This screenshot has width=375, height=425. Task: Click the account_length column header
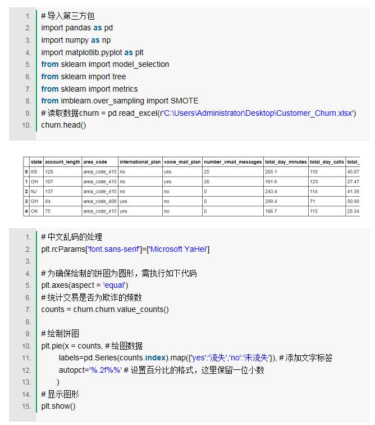pos(63,162)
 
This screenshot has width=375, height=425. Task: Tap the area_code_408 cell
pos(100,201)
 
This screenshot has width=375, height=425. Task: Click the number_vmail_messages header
pos(232,162)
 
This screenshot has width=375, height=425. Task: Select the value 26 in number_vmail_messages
pos(207,182)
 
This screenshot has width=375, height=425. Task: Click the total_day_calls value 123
pos(314,182)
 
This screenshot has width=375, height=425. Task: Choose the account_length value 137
pos(49,191)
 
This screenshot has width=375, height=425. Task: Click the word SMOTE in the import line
pos(185,101)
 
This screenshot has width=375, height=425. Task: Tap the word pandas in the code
pos(78,28)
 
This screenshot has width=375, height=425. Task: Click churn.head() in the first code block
pos(63,125)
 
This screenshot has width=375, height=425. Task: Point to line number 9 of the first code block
pos(29,113)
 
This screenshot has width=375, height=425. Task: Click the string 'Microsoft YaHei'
pos(178,249)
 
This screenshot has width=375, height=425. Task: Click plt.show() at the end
pos(58,406)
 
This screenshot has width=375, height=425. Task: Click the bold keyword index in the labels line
pos(156,358)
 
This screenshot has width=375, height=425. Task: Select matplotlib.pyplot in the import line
pos(94,52)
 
